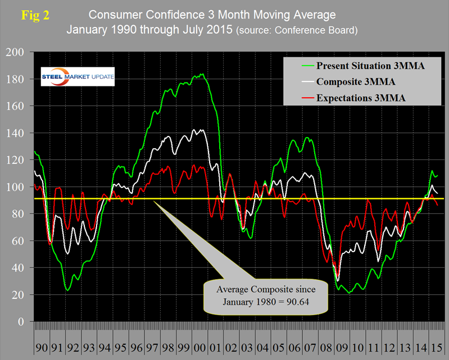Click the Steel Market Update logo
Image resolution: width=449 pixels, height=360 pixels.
78,76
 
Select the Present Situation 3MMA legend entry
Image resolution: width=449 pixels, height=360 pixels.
370,66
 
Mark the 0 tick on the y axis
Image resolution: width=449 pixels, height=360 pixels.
24,322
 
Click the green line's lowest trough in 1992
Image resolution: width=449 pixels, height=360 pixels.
67,290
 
